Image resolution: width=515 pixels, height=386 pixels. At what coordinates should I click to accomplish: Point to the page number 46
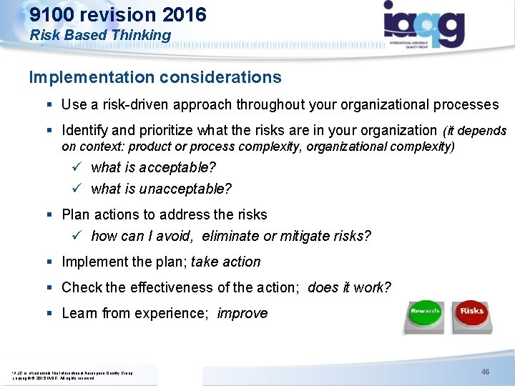pyautogui.click(x=485, y=372)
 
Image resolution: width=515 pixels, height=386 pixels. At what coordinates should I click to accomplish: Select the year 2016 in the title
pyautogui.click(x=183, y=14)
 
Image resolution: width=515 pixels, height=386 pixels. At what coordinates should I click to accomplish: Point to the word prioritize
pyautogui.click(x=172, y=131)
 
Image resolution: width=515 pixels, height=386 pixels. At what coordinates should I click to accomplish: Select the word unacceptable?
pyautogui.click(x=186, y=189)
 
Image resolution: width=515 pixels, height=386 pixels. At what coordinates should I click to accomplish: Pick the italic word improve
pyautogui.click(x=242, y=313)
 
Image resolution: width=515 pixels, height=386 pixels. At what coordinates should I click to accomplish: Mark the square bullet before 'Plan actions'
pyautogui.click(x=50, y=214)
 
